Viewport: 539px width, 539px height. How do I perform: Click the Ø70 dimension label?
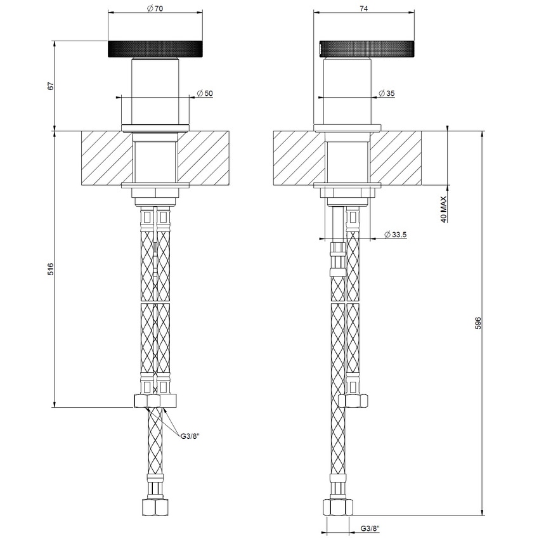[x=154, y=8]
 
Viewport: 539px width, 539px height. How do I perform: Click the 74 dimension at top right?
[x=364, y=8]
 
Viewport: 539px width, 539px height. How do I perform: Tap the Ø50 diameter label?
[x=204, y=93]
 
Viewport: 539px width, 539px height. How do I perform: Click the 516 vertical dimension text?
[x=51, y=269]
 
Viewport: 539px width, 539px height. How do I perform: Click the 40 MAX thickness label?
[x=445, y=209]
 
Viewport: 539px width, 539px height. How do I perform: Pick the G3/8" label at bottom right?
[x=370, y=528]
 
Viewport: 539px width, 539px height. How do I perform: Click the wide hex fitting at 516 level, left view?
[x=155, y=401]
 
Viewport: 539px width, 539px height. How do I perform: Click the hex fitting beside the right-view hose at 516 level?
[x=354, y=400]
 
